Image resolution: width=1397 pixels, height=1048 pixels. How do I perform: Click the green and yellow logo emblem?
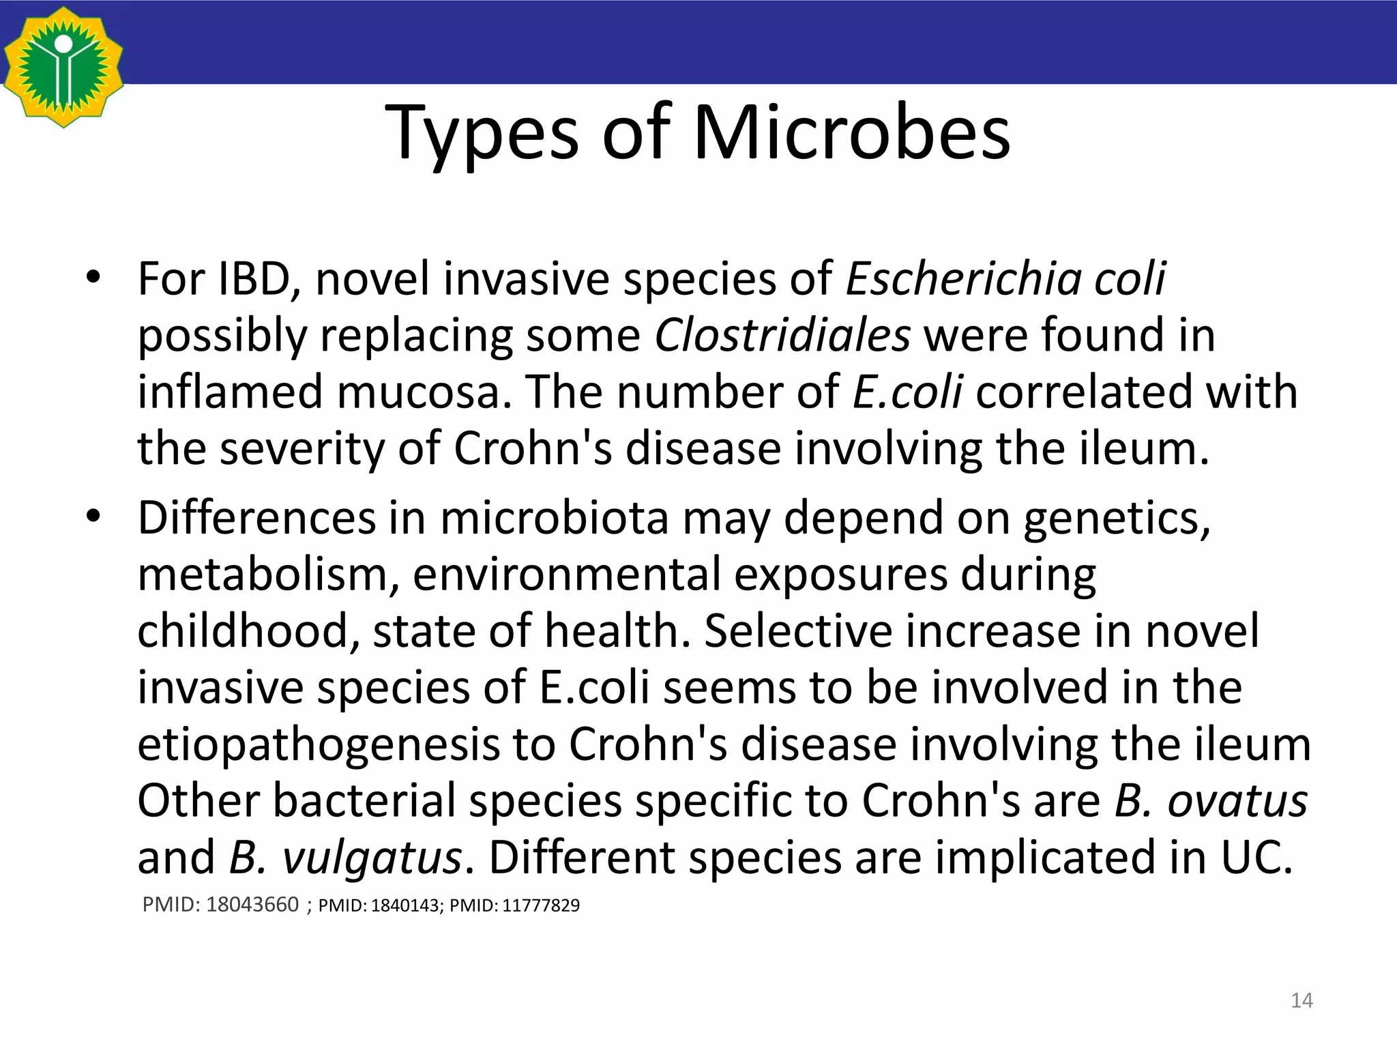tap(63, 67)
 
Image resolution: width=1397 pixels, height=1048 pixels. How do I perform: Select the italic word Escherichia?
tap(962, 279)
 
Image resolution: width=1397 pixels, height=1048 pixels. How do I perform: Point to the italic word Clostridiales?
tap(782, 336)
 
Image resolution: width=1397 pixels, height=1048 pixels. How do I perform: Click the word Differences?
tap(256, 518)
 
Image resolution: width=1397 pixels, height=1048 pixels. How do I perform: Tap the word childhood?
tap(248, 631)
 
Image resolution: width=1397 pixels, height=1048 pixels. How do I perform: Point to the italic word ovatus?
tap(1237, 801)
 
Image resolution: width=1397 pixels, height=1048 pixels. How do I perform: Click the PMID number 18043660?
tap(252, 905)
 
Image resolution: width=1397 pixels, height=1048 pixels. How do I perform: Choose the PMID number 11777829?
tap(541, 906)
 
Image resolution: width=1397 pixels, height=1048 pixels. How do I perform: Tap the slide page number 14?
tap(1302, 1001)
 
